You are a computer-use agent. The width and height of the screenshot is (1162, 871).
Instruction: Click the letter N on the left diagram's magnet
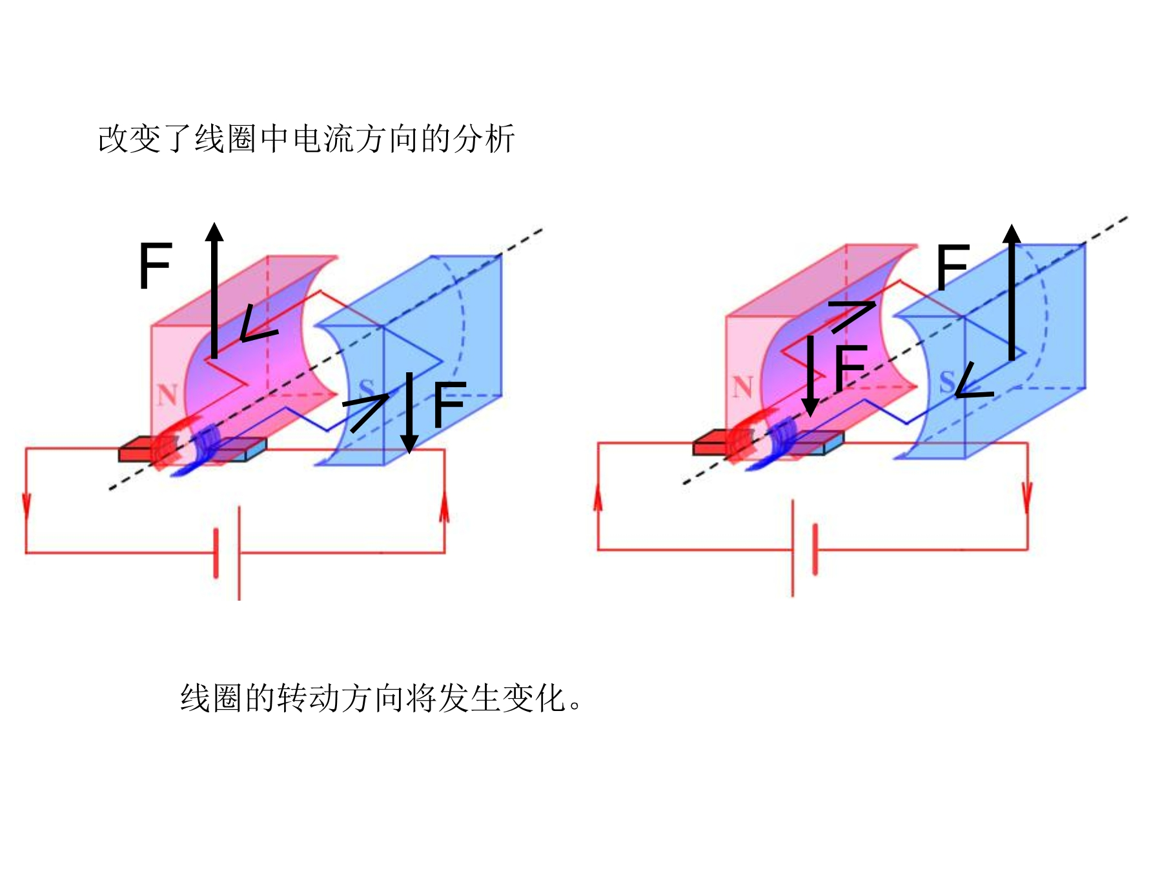167,394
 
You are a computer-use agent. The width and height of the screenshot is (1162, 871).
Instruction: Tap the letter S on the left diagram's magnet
366,390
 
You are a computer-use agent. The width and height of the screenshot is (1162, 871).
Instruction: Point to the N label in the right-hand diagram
742,387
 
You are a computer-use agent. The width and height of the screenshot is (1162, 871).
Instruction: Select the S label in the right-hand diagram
947,382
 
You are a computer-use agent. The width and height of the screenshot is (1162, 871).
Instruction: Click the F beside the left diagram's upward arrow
156,265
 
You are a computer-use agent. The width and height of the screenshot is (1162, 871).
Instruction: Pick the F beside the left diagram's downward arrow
449,404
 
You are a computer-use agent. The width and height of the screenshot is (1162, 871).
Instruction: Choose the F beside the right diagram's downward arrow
850,368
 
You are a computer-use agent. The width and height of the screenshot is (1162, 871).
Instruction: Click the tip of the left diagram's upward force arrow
214,223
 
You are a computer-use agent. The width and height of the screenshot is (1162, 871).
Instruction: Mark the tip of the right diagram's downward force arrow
811,416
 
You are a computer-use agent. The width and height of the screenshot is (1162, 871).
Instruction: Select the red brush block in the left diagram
138,450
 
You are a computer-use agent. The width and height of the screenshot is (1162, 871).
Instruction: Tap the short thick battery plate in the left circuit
216,553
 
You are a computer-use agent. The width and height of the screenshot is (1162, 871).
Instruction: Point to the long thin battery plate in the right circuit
793,548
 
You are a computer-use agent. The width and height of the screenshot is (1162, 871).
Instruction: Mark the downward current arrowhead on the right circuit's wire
1027,496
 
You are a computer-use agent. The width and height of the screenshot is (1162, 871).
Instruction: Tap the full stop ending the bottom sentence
575,706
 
